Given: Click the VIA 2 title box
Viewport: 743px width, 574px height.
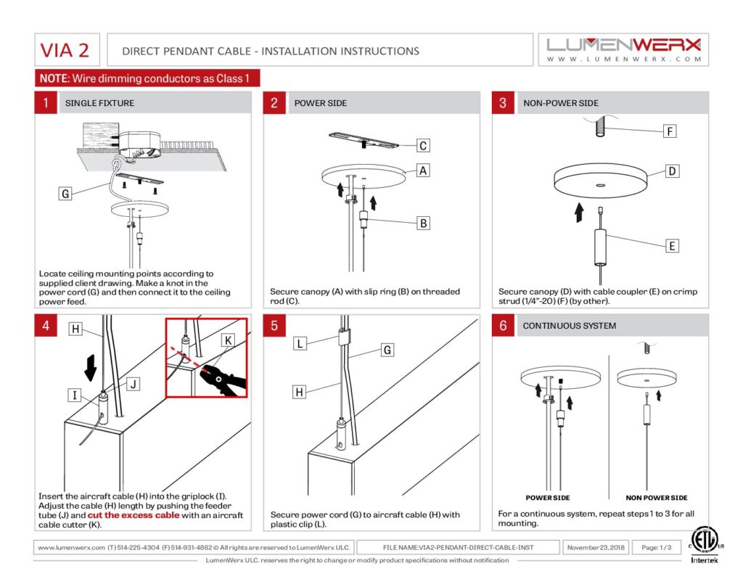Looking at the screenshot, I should (x=65, y=51).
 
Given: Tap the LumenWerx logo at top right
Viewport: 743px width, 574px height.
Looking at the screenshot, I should (x=624, y=49).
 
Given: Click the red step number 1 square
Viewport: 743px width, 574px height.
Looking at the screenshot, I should (x=46, y=103).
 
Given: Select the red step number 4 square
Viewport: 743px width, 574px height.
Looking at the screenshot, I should (x=46, y=326).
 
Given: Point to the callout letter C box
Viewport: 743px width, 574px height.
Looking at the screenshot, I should (x=423, y=146).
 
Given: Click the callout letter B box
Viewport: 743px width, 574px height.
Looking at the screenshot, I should (x=423, y=224).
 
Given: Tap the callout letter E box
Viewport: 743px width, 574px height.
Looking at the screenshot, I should (x=672, y=247).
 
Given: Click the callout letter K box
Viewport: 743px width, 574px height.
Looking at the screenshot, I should (x=228, y=340).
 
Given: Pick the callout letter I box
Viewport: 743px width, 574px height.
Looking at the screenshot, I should (x=75, y=395).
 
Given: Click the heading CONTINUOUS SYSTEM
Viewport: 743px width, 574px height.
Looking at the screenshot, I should (x=569, y=326).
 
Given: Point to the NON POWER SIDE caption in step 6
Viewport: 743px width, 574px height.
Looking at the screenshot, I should (x=657, y=498).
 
